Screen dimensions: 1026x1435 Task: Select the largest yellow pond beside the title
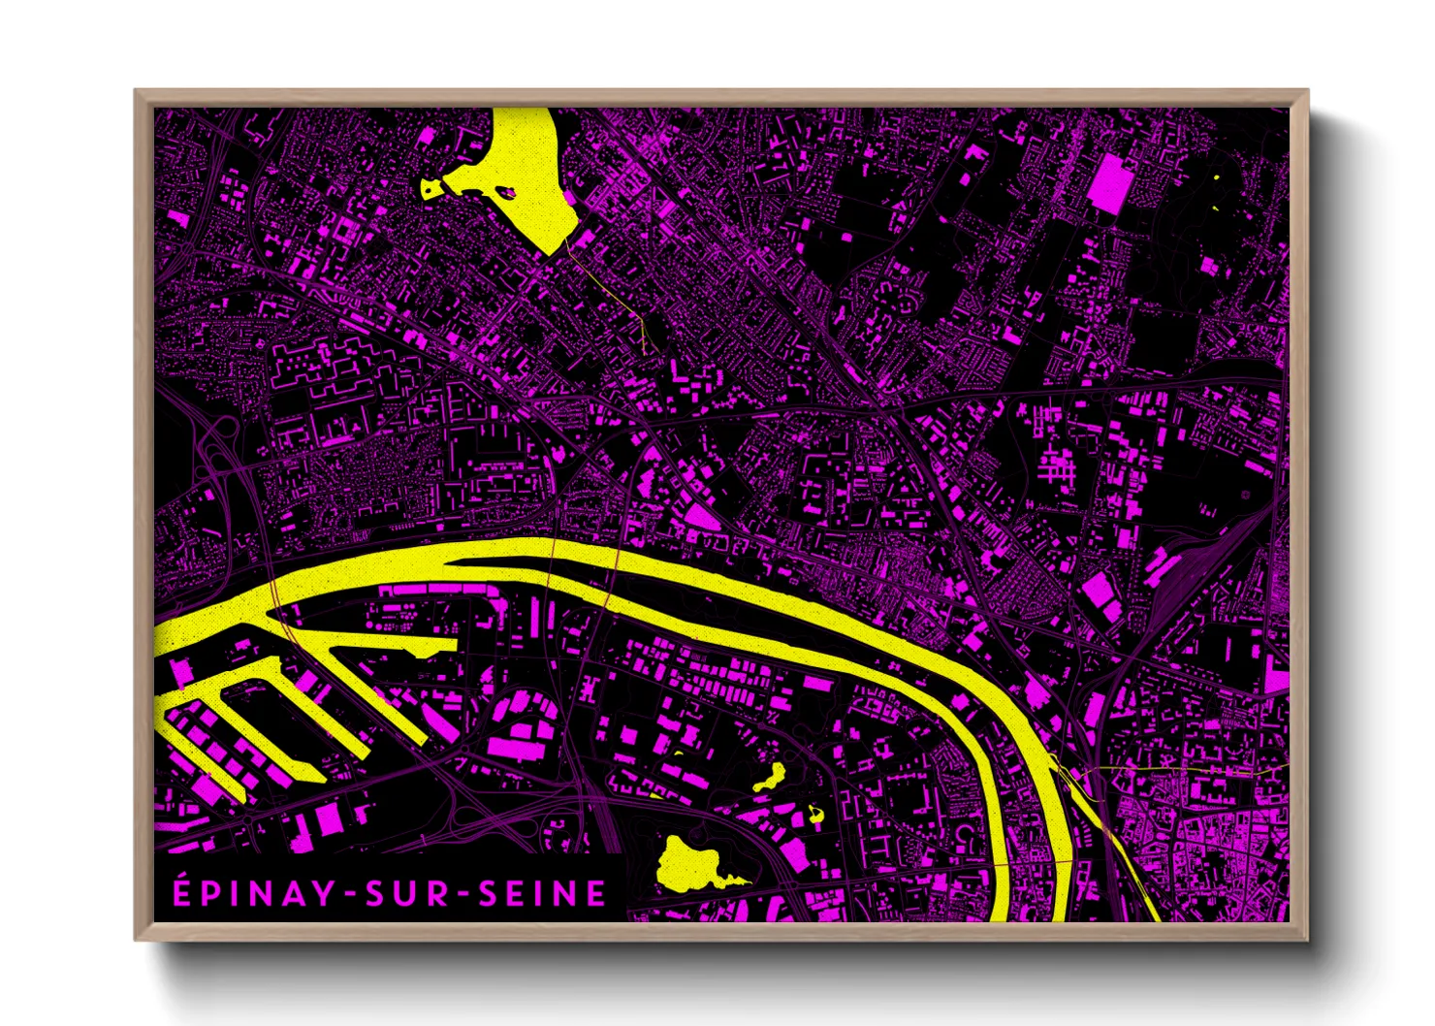point(690,863)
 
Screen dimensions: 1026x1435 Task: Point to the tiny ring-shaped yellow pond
point(815,815)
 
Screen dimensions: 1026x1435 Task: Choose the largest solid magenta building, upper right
point(1109,184)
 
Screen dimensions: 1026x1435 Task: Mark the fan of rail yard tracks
point(1202,562)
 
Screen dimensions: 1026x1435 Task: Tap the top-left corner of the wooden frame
point(138,93)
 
